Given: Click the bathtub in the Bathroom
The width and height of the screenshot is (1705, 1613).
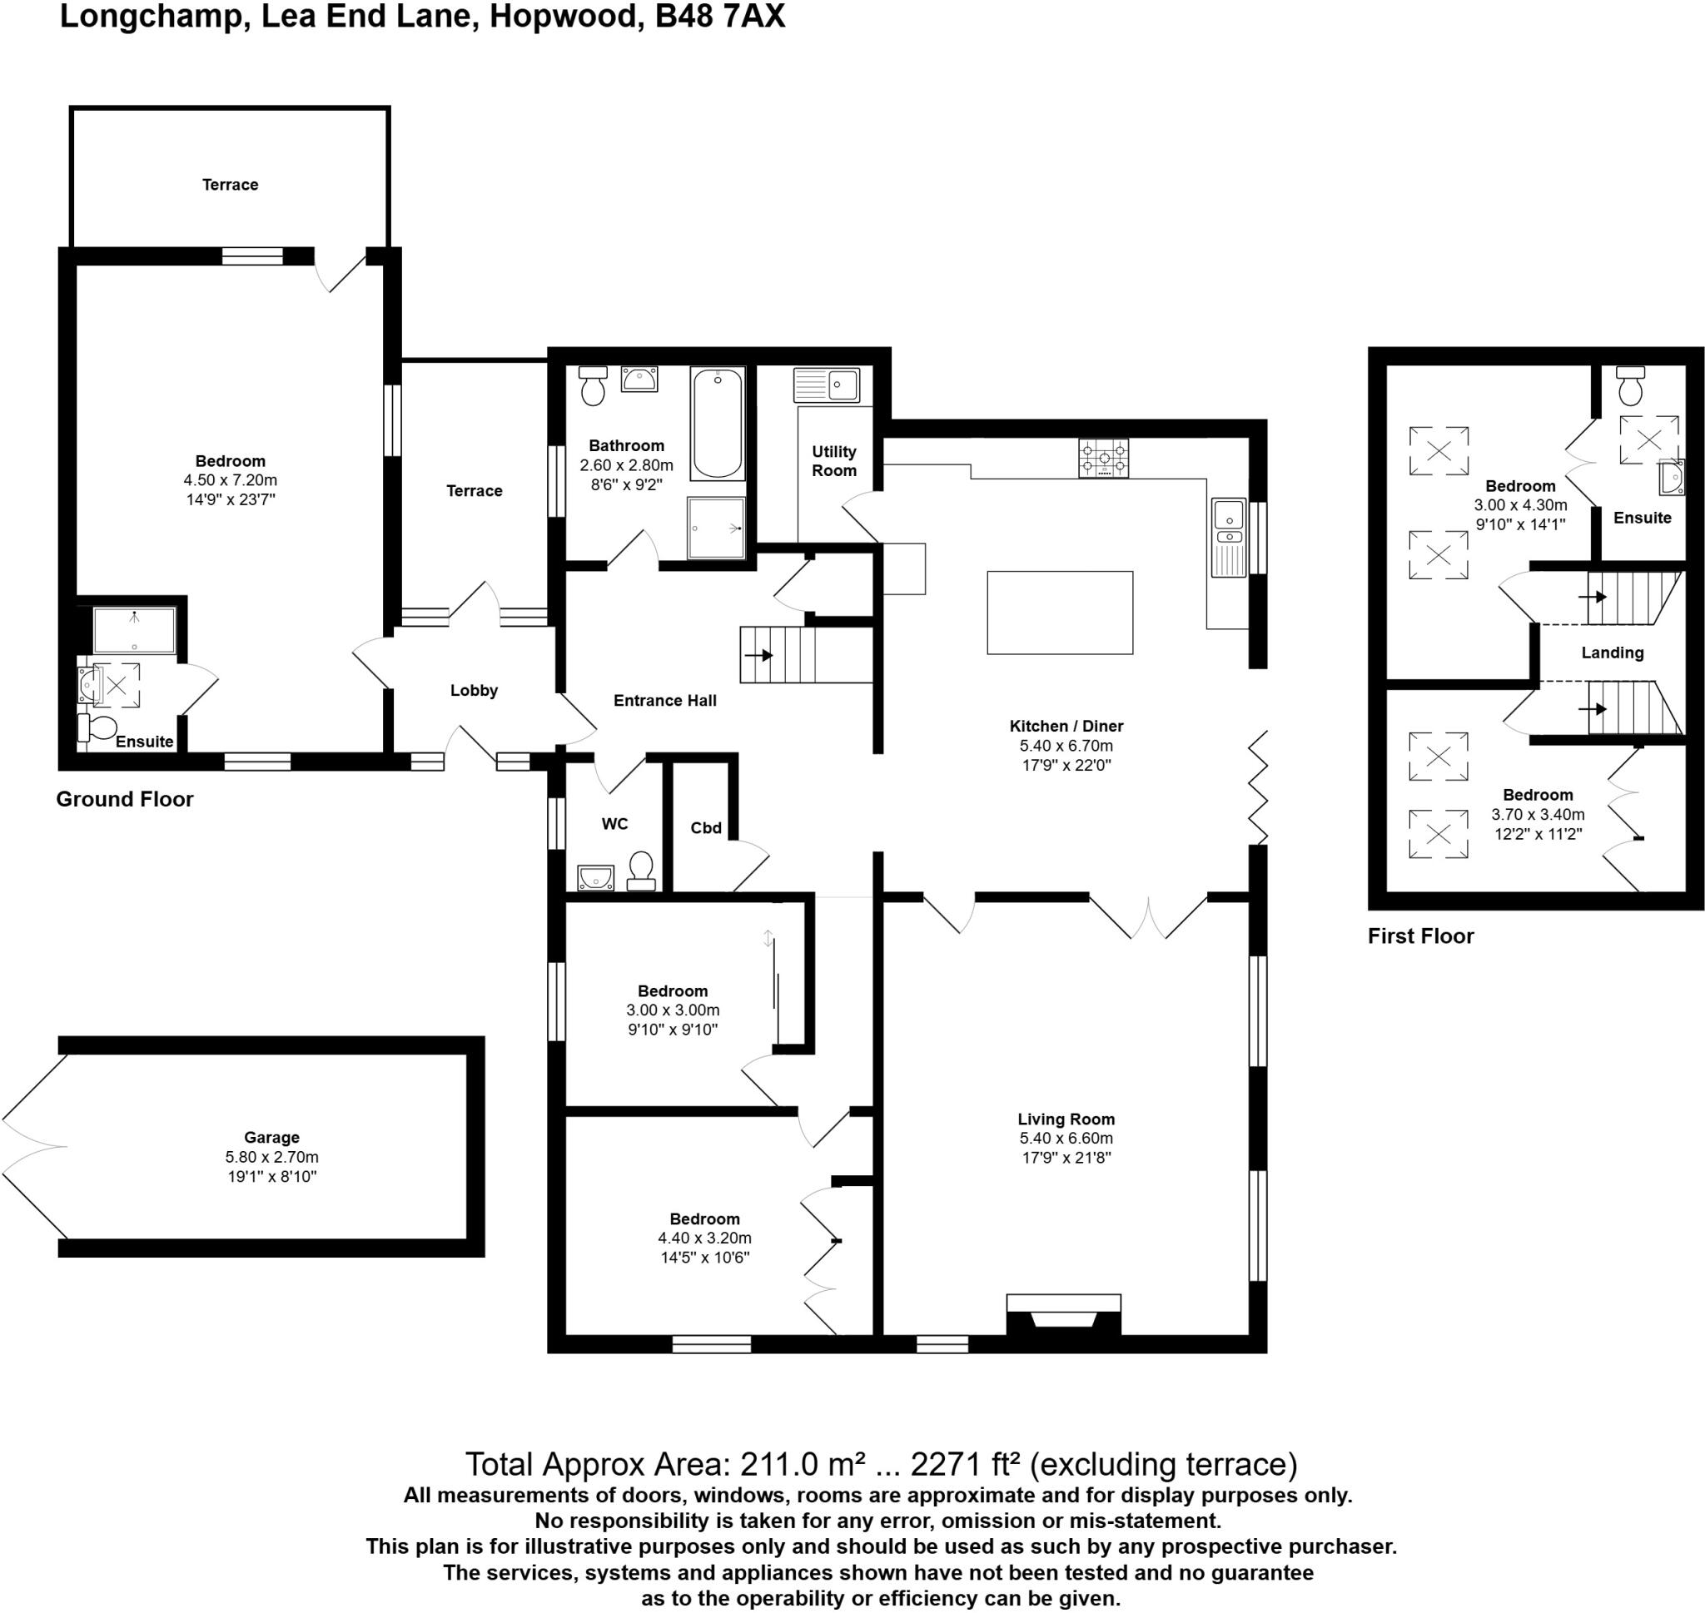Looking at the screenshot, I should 717,423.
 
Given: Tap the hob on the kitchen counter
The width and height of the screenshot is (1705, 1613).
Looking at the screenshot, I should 1103,459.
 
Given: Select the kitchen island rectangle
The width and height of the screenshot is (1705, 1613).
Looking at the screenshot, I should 1059,613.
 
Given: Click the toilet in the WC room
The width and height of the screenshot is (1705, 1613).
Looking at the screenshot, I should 641,870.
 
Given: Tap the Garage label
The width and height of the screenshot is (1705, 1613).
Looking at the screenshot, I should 271,1138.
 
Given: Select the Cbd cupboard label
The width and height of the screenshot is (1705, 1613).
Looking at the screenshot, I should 706,828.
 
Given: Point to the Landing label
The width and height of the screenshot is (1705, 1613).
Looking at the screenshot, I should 1612,653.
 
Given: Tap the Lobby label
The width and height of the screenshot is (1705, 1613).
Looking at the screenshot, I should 474,691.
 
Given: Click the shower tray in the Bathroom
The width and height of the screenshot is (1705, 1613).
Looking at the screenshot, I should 716,527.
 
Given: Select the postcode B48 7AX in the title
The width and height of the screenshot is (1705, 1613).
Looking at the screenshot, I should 719,17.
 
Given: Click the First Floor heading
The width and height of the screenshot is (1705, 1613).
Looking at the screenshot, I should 1420,936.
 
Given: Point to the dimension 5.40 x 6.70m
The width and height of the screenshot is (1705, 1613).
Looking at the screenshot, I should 1066,746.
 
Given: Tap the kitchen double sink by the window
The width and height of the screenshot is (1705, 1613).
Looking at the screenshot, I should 1230,536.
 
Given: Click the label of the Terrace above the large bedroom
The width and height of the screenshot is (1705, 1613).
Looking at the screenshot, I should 230,185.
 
